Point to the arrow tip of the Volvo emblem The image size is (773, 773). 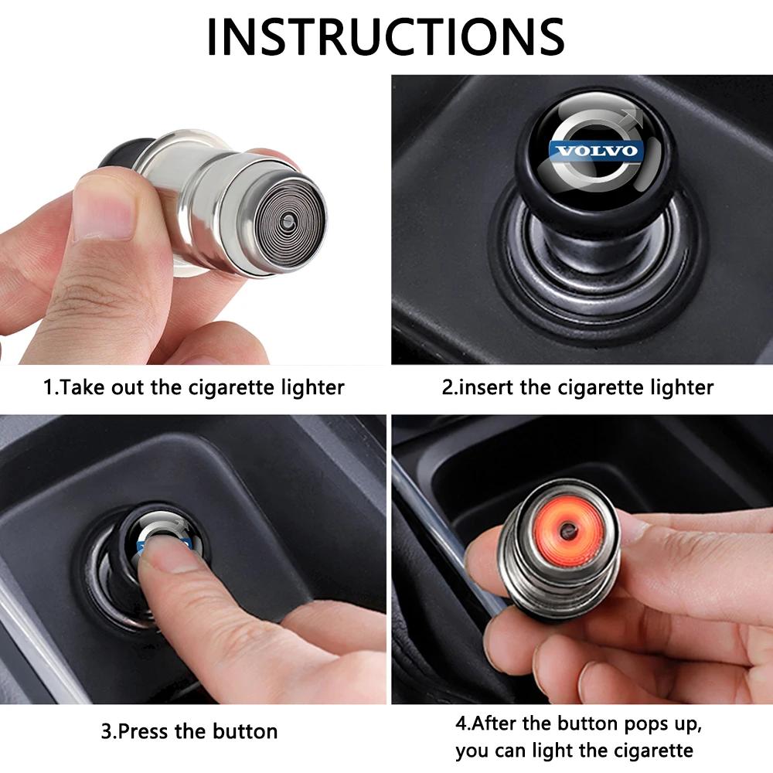pyautogui.click(x=636, y=118)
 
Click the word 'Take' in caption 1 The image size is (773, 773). pyautogui.click(x=80, y=386)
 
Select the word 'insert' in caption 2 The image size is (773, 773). pyautogui.click(x=488, y=386)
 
